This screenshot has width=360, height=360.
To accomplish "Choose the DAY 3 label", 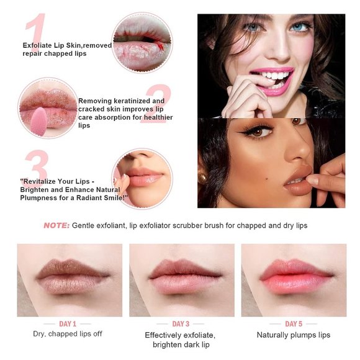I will [181, 323].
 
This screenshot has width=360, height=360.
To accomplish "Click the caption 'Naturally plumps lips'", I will [294, 335].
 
